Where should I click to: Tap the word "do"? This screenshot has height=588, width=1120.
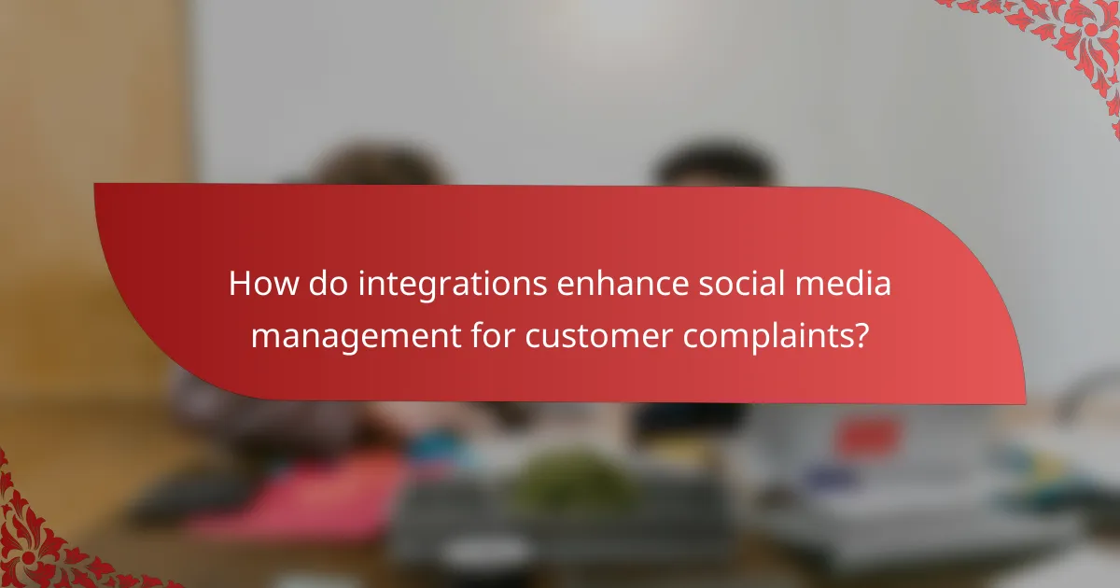coord(329,285)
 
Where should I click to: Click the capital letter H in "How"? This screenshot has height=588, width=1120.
coord(241,285)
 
